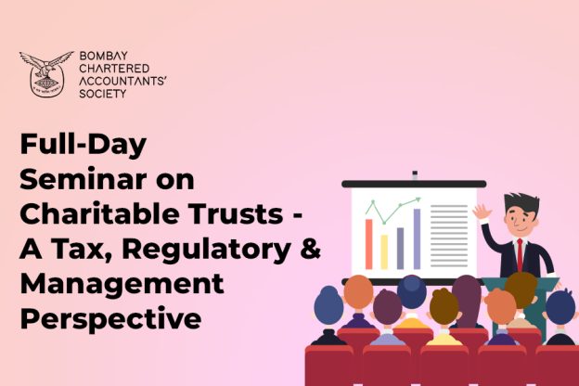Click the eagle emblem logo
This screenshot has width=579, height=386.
46,74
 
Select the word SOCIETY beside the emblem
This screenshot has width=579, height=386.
103,94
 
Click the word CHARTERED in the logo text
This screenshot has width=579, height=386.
114,69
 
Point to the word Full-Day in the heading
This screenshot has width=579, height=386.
84,145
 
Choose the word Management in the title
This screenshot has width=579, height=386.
122,285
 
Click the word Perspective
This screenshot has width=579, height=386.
111,319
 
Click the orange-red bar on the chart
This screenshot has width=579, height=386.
369,244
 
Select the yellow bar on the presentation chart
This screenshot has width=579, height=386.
384,251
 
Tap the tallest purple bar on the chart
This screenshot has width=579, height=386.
417,239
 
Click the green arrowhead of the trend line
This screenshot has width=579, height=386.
418,199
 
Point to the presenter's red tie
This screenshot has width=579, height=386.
520,255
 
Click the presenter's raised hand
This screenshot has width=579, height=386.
482,212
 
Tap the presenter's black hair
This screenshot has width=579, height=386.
521,204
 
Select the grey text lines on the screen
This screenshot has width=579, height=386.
449,236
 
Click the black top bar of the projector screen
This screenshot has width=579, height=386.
414,184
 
